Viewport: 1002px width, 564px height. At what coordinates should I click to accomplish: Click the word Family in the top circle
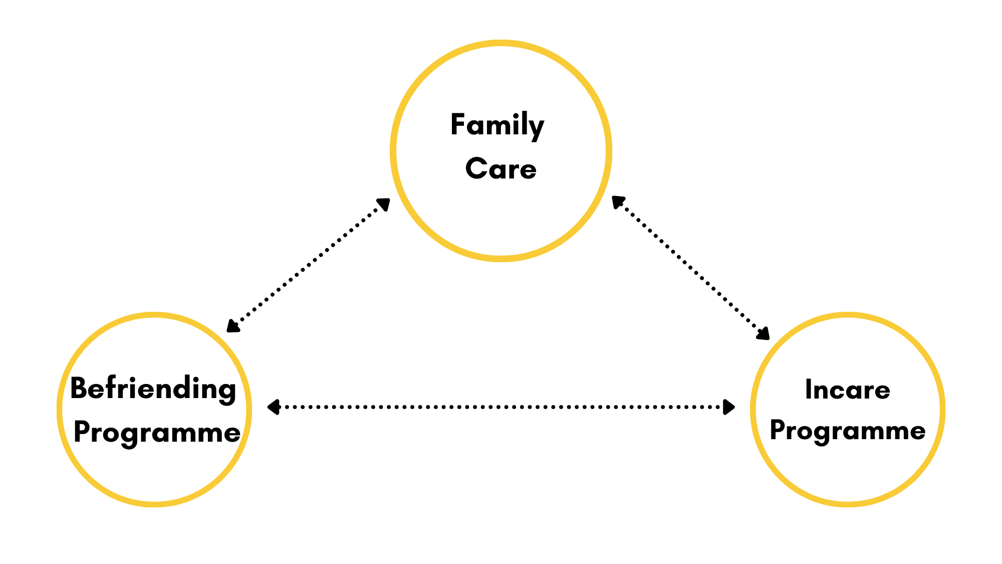[x=497, y=125]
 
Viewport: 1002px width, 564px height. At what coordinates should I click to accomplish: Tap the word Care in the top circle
[x=500, y=169]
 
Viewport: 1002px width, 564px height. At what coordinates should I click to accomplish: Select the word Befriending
[x=153, y=389]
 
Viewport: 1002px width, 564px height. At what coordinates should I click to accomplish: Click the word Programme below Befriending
[x=157, y=432]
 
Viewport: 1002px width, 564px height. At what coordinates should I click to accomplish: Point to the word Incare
[x=847, y=390]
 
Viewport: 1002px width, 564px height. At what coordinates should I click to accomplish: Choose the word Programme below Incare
[x=847, y=431]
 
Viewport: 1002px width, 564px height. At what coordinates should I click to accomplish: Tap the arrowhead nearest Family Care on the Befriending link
[x=384, y=204]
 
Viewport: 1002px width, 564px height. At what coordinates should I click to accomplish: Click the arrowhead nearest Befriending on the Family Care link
[x=232, y=326]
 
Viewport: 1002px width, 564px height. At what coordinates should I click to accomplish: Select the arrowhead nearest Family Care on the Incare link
[x=618, y=201]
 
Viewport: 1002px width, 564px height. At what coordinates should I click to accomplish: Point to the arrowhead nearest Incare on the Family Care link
[x=764, y=334]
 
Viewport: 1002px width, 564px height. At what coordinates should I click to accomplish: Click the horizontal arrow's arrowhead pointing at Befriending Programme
[x=273, y=407]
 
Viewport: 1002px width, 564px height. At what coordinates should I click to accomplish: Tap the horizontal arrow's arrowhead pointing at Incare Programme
[x=729, y=407]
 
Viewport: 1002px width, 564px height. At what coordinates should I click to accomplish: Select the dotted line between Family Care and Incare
[x=691, y=268]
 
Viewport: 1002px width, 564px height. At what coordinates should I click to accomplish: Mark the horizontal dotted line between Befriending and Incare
[x=501, y=407]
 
